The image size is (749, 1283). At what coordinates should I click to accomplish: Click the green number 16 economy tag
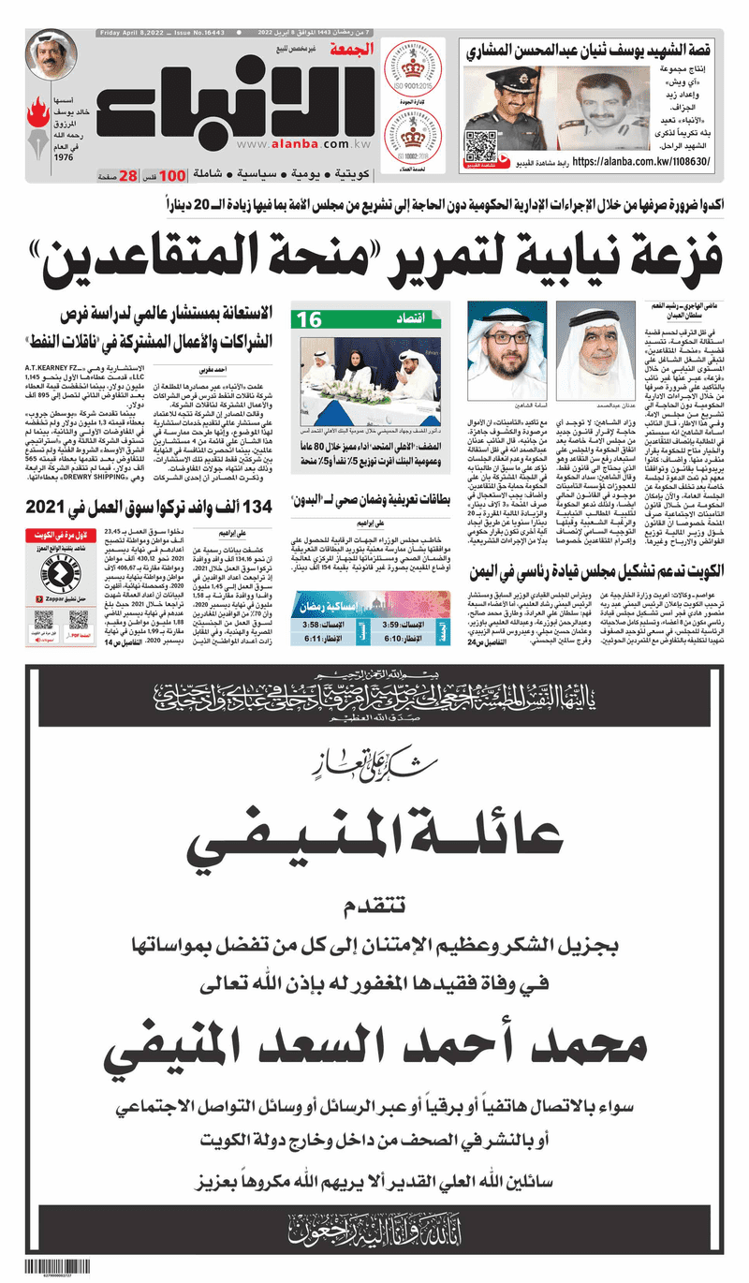pos(310,320)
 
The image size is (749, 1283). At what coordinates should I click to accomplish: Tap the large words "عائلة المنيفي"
pos(374,839)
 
